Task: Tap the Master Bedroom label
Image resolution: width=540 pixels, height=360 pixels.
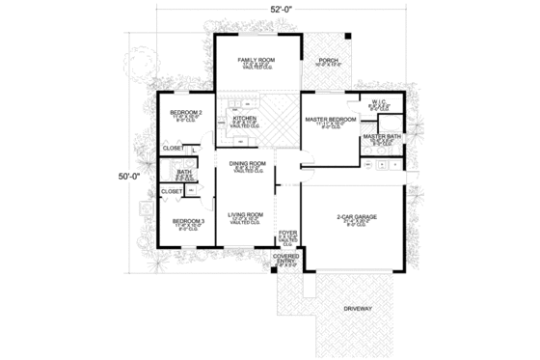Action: (331, 119)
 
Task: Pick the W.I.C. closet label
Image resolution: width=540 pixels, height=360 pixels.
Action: (379, 100)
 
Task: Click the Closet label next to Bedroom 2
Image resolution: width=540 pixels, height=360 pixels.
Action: (173, 149)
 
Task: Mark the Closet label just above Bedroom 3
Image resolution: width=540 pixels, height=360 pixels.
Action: (172, 191)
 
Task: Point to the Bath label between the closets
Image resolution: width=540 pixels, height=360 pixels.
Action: (183, 172)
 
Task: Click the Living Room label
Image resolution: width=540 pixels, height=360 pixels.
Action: (246, 214)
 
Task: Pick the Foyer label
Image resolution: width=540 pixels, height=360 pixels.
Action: (287, 233)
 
